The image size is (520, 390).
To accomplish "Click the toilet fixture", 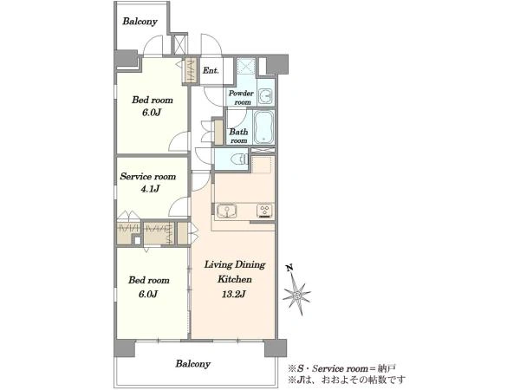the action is pos(240,159).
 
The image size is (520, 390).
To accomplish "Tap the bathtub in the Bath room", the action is pos(263,127).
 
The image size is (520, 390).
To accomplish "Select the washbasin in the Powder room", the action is pos(266,96).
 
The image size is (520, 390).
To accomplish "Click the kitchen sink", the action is pos(227,211).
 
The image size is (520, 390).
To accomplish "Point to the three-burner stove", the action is pos(264,211).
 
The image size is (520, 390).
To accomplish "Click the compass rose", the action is pos(296,294).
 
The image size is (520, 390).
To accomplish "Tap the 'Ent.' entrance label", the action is pos(211,70).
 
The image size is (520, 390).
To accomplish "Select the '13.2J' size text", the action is pos(233,294).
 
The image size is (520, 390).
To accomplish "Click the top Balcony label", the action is pos(140,22).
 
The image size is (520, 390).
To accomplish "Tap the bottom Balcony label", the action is pos(193,364).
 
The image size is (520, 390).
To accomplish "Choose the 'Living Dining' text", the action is pos(235,264).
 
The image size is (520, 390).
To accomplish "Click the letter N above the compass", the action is pos(290,267).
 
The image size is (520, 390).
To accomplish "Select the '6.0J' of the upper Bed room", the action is pos(152,113).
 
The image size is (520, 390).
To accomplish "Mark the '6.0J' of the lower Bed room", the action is pos(148,294).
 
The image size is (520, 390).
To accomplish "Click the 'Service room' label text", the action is pos(148,176).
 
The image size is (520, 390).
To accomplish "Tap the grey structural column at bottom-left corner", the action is pos(124,348).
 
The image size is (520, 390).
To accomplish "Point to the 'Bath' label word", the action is pos(238,132).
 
